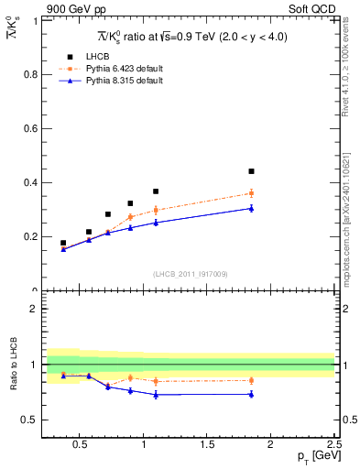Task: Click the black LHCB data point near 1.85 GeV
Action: click(251, 171)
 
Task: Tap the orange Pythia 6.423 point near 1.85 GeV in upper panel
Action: click(251, 193)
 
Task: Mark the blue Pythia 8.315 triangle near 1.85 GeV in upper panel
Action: click(251, 208)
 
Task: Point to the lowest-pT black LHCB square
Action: click(63, 243)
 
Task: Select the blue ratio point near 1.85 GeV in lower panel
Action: click(251, 394)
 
